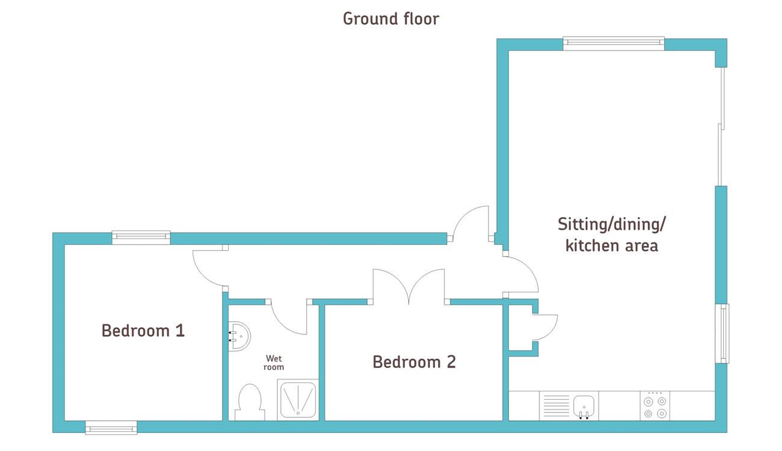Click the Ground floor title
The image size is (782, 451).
391,19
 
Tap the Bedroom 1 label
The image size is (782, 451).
143,331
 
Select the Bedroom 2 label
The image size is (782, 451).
414,362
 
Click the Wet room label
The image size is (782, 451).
274,363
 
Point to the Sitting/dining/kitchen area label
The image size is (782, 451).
612,235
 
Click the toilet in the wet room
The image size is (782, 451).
250,402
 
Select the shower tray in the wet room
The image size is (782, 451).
298,400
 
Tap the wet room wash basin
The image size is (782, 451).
239,336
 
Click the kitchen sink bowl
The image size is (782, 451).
583,407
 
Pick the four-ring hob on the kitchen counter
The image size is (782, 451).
654,406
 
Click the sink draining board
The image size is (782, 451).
556,406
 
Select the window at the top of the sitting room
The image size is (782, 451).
614,43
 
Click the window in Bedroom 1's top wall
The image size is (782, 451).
141,238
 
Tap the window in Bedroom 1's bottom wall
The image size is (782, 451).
111,428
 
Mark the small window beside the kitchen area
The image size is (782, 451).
722,333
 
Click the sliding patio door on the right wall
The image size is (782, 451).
721,126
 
